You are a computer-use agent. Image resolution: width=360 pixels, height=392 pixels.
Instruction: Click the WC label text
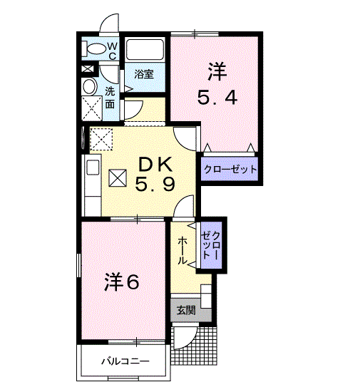[113, 51]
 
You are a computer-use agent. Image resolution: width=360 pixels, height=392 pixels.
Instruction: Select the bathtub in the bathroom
[145, 49]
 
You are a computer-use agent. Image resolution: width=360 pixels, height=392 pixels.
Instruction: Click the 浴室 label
[144, 74]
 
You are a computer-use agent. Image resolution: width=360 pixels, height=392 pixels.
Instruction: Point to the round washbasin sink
[90, 86]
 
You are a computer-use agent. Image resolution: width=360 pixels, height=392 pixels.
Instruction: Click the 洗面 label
[110, 98]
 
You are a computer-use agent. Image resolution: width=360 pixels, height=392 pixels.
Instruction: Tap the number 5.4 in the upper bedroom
[217, 98]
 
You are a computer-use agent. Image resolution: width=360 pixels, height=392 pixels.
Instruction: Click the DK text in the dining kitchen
[155, 164]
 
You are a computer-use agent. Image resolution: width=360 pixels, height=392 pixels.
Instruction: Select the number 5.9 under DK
[155, 185]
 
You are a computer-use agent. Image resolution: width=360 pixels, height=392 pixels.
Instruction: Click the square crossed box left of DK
[118, 177]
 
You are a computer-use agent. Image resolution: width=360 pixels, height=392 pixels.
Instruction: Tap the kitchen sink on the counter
[93, 167]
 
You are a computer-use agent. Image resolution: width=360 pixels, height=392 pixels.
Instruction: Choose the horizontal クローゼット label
[230, 170]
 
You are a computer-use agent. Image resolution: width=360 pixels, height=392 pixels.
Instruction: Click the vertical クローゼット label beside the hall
[212, 245]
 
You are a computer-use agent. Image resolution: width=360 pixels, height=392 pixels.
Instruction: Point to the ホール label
[182, 251]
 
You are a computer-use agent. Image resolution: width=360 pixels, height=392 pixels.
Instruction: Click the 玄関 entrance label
[186, 310]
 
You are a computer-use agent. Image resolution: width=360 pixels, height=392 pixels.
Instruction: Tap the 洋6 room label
[122, 282]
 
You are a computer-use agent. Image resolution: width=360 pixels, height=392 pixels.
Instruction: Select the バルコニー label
[125, 361]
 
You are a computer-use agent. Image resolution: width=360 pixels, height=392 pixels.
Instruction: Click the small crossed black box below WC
[88, 68]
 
